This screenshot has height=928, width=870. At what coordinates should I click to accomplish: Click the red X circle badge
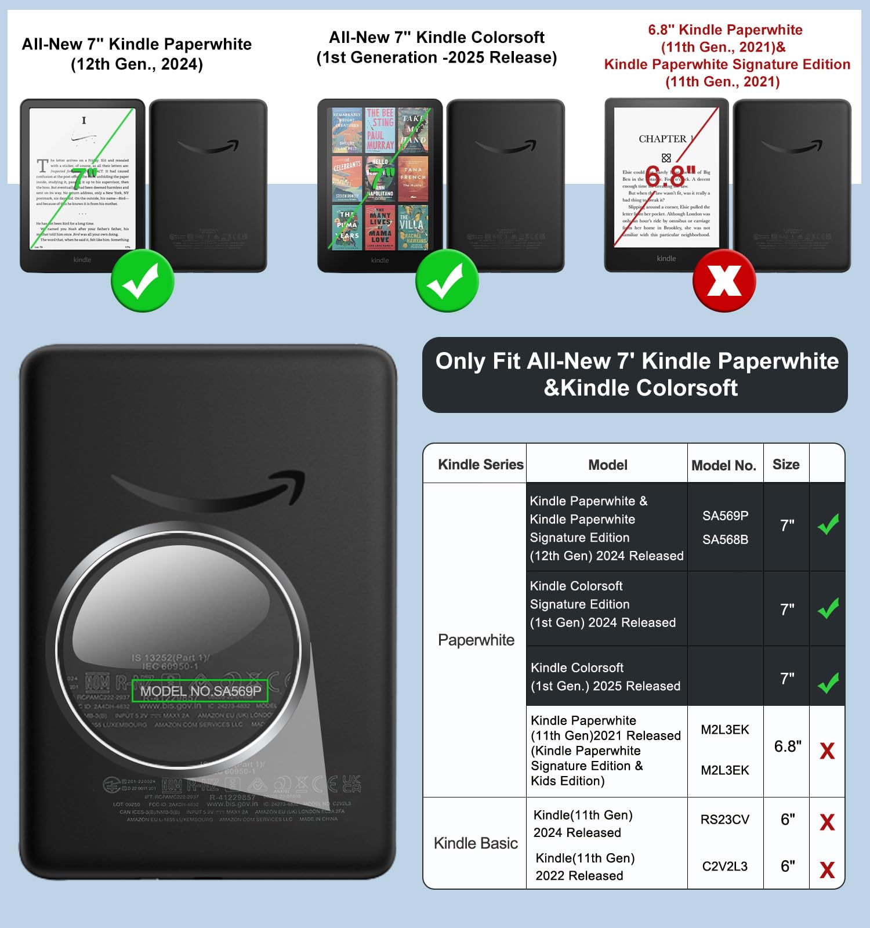tap(724, 281)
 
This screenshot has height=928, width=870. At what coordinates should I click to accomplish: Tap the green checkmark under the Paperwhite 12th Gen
tap(142, 281)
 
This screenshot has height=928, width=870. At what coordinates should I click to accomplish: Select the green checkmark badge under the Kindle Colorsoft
tap(447, 281)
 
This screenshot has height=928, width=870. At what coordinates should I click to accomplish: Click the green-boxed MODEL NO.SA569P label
tap(200, 691)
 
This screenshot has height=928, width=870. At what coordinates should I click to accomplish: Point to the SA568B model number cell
tap(725, 539)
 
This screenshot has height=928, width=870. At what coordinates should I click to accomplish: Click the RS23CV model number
tap(725, 820)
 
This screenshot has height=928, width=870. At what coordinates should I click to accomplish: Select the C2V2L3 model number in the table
tap(725, 867)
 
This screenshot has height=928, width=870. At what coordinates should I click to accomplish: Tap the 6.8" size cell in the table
tap(787, 746)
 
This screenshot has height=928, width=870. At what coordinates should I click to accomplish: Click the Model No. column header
tap(724, 465)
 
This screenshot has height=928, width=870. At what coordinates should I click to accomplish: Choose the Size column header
tap(786, 465)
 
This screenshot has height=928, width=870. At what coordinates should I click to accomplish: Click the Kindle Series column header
tap(480, 465)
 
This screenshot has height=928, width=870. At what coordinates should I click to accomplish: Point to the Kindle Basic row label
tap(476, 843)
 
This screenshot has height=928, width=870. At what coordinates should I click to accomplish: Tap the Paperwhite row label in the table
tap(476, 640)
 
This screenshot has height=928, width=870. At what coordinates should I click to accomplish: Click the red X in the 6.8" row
tap(827, 751)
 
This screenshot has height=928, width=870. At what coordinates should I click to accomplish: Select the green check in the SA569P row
tap(828, 524)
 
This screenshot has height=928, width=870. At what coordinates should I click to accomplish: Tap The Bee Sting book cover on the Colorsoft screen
tap(380, 129)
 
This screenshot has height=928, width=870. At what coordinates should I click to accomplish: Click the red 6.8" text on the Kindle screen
tap(670, 175)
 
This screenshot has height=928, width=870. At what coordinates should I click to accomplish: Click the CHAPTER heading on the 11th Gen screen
tap(663, 139)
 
